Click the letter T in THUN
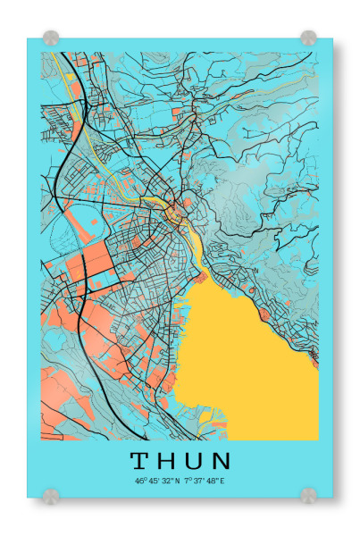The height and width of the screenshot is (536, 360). point(141,461)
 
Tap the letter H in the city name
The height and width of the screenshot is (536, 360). point(168,461)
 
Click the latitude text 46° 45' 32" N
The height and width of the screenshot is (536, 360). point(157,481)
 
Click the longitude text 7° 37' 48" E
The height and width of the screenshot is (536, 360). point(205,481)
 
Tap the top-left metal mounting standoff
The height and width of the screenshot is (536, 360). point(51,38)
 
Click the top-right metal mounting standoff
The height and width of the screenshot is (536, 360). point(308,38)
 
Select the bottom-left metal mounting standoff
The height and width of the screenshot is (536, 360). point(51,494)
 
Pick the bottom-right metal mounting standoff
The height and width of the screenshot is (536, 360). point(308,494)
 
